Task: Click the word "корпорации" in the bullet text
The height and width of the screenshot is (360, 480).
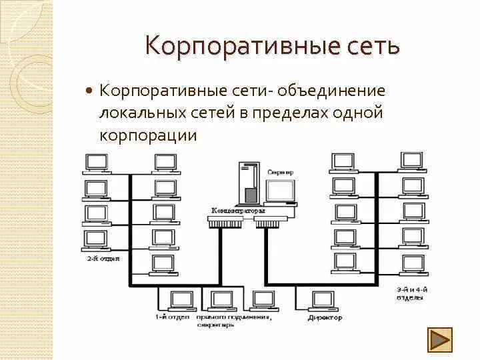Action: point(148,135)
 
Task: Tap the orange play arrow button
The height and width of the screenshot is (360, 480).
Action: point(439,339)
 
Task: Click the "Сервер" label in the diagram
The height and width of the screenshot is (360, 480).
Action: point(280,171)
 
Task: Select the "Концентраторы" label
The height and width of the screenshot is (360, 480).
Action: point(238,211)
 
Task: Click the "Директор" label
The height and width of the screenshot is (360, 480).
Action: point(325,318)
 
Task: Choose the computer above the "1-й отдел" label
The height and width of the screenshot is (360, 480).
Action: point(178,299)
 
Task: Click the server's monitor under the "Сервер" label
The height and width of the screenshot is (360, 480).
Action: point(280,191)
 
